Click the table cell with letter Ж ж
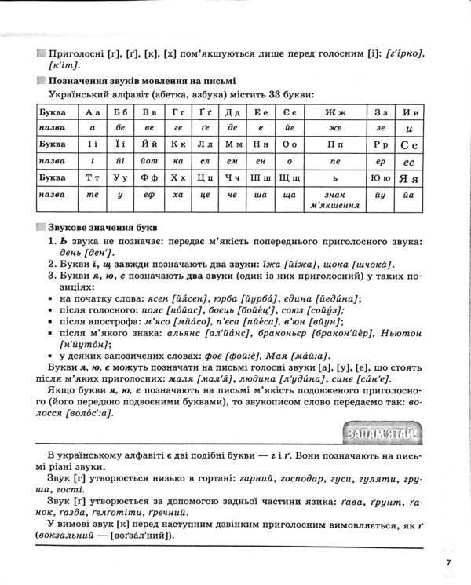335,112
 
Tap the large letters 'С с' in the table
407,145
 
